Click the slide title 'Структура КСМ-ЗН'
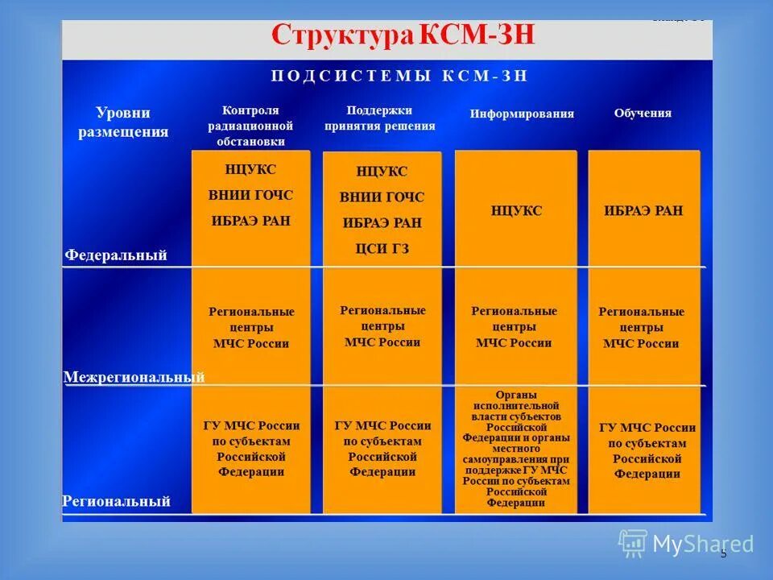(x=403, y=36)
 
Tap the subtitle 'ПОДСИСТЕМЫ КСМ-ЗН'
(x=399, y=77)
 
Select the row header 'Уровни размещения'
(x=123, y=122)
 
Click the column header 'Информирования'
(x=522, y=114)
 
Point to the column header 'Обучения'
(x=643, y=113)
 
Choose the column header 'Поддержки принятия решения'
(x=380, y=118)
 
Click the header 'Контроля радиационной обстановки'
(x=250, y=126)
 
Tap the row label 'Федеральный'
(x=116, y=255)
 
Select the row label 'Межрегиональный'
(x=134, y=377)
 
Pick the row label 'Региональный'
(x=117, y=501)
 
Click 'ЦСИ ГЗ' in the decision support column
(x=382, y=249)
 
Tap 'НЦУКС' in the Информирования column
(x=516, y=211)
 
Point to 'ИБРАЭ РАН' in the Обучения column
(x=643, y=211)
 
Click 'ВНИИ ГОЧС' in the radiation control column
(x=250, y=195)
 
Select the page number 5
(x=723, y=553)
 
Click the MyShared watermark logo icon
(x=633, y=543)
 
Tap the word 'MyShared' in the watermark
(x=703, y=545)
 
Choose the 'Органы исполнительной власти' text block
(x=516, y=449)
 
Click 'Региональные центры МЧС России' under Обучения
(x=642, y=327)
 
